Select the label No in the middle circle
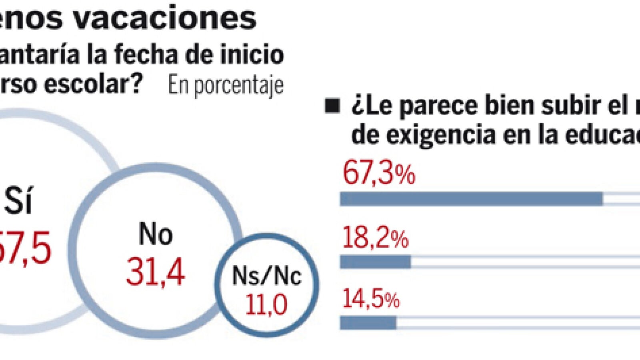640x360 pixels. (x=156, y=234)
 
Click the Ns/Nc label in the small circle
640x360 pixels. (x=266, y=276)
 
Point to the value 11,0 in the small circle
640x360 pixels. (x=266, y=304)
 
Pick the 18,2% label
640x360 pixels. (x=375, y=239)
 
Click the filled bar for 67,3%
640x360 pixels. (x=471, y=199)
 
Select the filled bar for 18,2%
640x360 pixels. (x=375, y=262)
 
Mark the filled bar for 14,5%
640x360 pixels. (x=368, y=323)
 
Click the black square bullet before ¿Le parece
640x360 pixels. (x=332, y=106)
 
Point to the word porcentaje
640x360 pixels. (x=238, y=86)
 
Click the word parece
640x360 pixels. (x=438, y=106)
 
